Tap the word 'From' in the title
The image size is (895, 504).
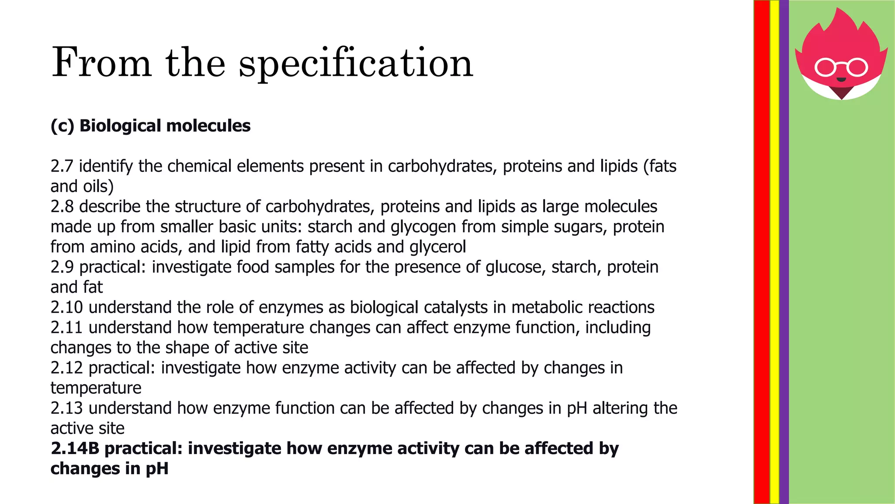(101, 63)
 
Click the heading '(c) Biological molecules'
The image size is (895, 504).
(150, 126)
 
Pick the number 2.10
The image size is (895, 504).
(66, 307)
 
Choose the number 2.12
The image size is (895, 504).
(66, 367)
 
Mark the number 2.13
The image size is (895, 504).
(66, 408)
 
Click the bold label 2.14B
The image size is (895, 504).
(75, 448)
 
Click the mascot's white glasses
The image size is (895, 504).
(841, 67)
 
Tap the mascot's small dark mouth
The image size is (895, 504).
(841, 80)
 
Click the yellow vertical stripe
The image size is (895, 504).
(774, 252)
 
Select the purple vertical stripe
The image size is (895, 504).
(784, 252)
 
